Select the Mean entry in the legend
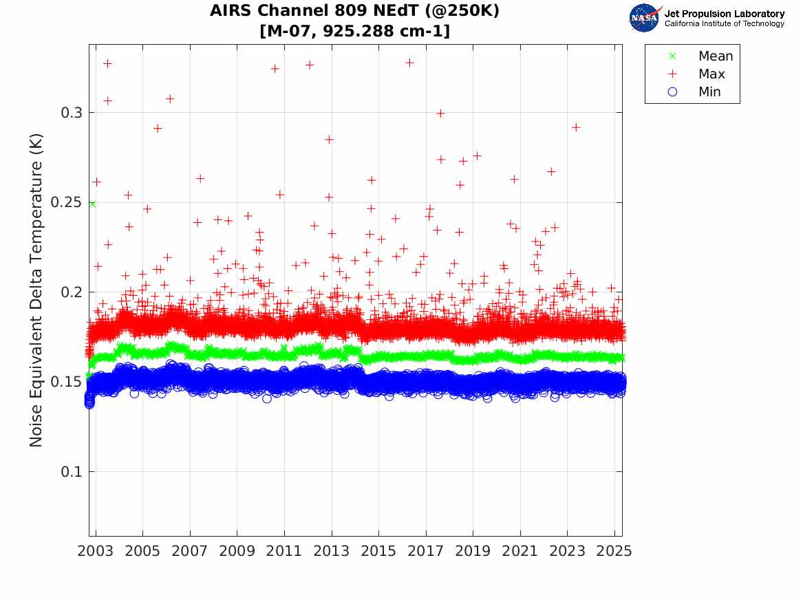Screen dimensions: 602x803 716,56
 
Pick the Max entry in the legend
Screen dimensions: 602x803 711,74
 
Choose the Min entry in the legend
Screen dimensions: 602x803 710,92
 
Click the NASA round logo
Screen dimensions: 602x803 644,18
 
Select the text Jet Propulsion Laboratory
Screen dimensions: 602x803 724,14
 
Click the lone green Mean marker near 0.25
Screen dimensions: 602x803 92,204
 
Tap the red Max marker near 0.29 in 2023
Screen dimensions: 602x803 576,127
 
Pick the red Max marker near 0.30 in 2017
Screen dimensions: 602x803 440,113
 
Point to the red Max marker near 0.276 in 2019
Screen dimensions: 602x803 477,155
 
